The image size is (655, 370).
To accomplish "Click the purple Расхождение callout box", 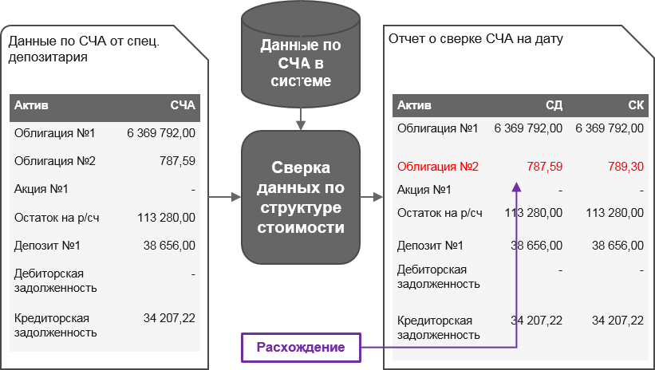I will [301, 348].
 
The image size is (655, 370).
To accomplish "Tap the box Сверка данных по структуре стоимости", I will [299, 198].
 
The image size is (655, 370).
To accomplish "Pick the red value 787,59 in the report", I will [545, 167].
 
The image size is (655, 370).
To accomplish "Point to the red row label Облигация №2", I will [437, 167].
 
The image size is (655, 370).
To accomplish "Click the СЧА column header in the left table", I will [183, 104].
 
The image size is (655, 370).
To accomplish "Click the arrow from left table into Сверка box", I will [225, 196].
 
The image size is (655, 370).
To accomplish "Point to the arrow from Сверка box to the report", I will [371, 196].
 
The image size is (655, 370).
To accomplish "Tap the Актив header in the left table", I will [31, 104].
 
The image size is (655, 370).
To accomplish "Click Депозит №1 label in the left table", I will [47, 245].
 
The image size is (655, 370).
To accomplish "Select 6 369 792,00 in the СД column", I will [528, 128].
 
